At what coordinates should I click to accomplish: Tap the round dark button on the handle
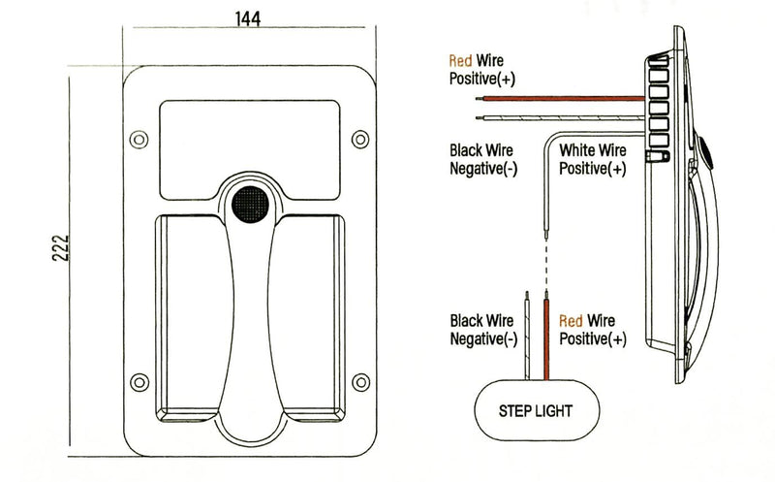[250, 205]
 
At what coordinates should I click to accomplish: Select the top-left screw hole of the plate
[139, 135]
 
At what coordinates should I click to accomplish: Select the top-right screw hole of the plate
[360, 135]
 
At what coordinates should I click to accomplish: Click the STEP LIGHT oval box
[535, 410]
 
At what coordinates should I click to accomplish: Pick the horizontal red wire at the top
[562, 98]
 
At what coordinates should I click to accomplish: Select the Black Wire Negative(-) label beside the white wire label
[482, 160]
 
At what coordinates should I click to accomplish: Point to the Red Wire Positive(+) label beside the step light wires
[593, 330]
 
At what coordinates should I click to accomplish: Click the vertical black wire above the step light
[526, 334]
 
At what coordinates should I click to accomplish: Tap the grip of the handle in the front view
[249, 310]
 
